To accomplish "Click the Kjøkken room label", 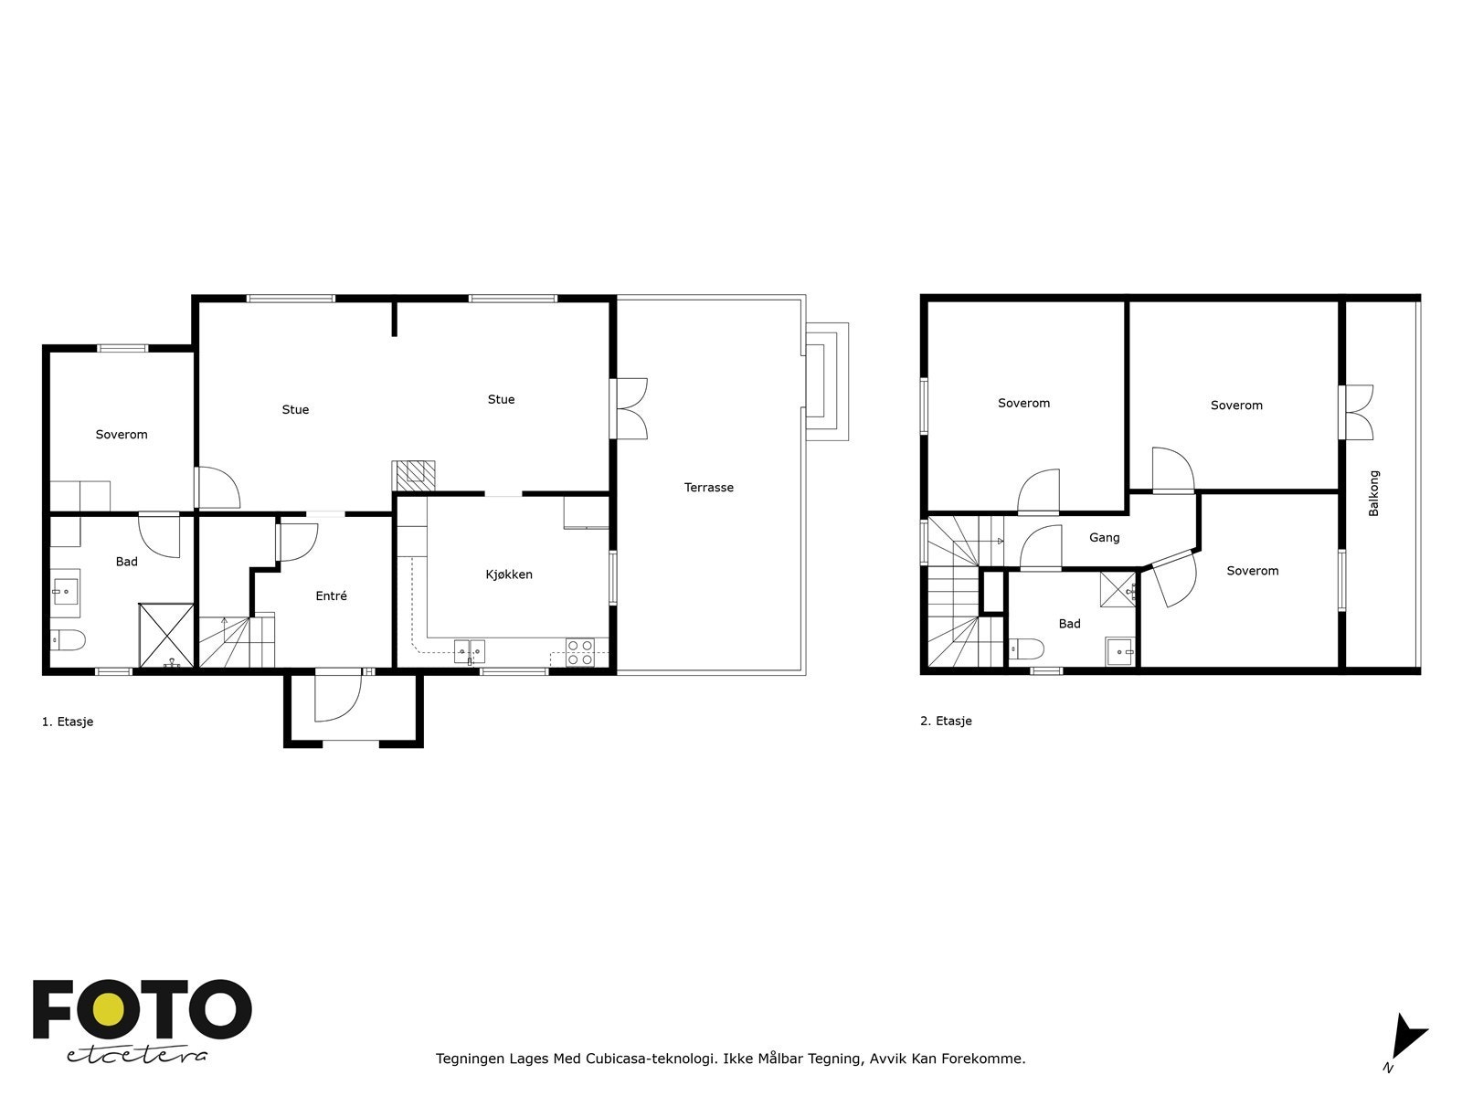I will [509, 574].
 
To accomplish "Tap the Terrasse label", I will [709, 488].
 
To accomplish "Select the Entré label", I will [331, 596].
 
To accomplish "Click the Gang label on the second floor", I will [1104, 538].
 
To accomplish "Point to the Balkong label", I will [1373, 494].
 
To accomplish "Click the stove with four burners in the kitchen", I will [579, 652].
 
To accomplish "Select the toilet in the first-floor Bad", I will [68, 639].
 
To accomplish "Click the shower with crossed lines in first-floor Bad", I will [166, 634].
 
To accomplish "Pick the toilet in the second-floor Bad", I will [1026, 648].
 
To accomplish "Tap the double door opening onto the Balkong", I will [1356, 413].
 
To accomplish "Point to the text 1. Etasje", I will [68, 722].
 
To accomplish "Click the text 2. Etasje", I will [946, 721].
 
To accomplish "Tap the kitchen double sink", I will [470, 650].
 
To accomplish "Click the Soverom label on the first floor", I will [122, 435].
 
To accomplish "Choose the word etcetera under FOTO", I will [137, 1055].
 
